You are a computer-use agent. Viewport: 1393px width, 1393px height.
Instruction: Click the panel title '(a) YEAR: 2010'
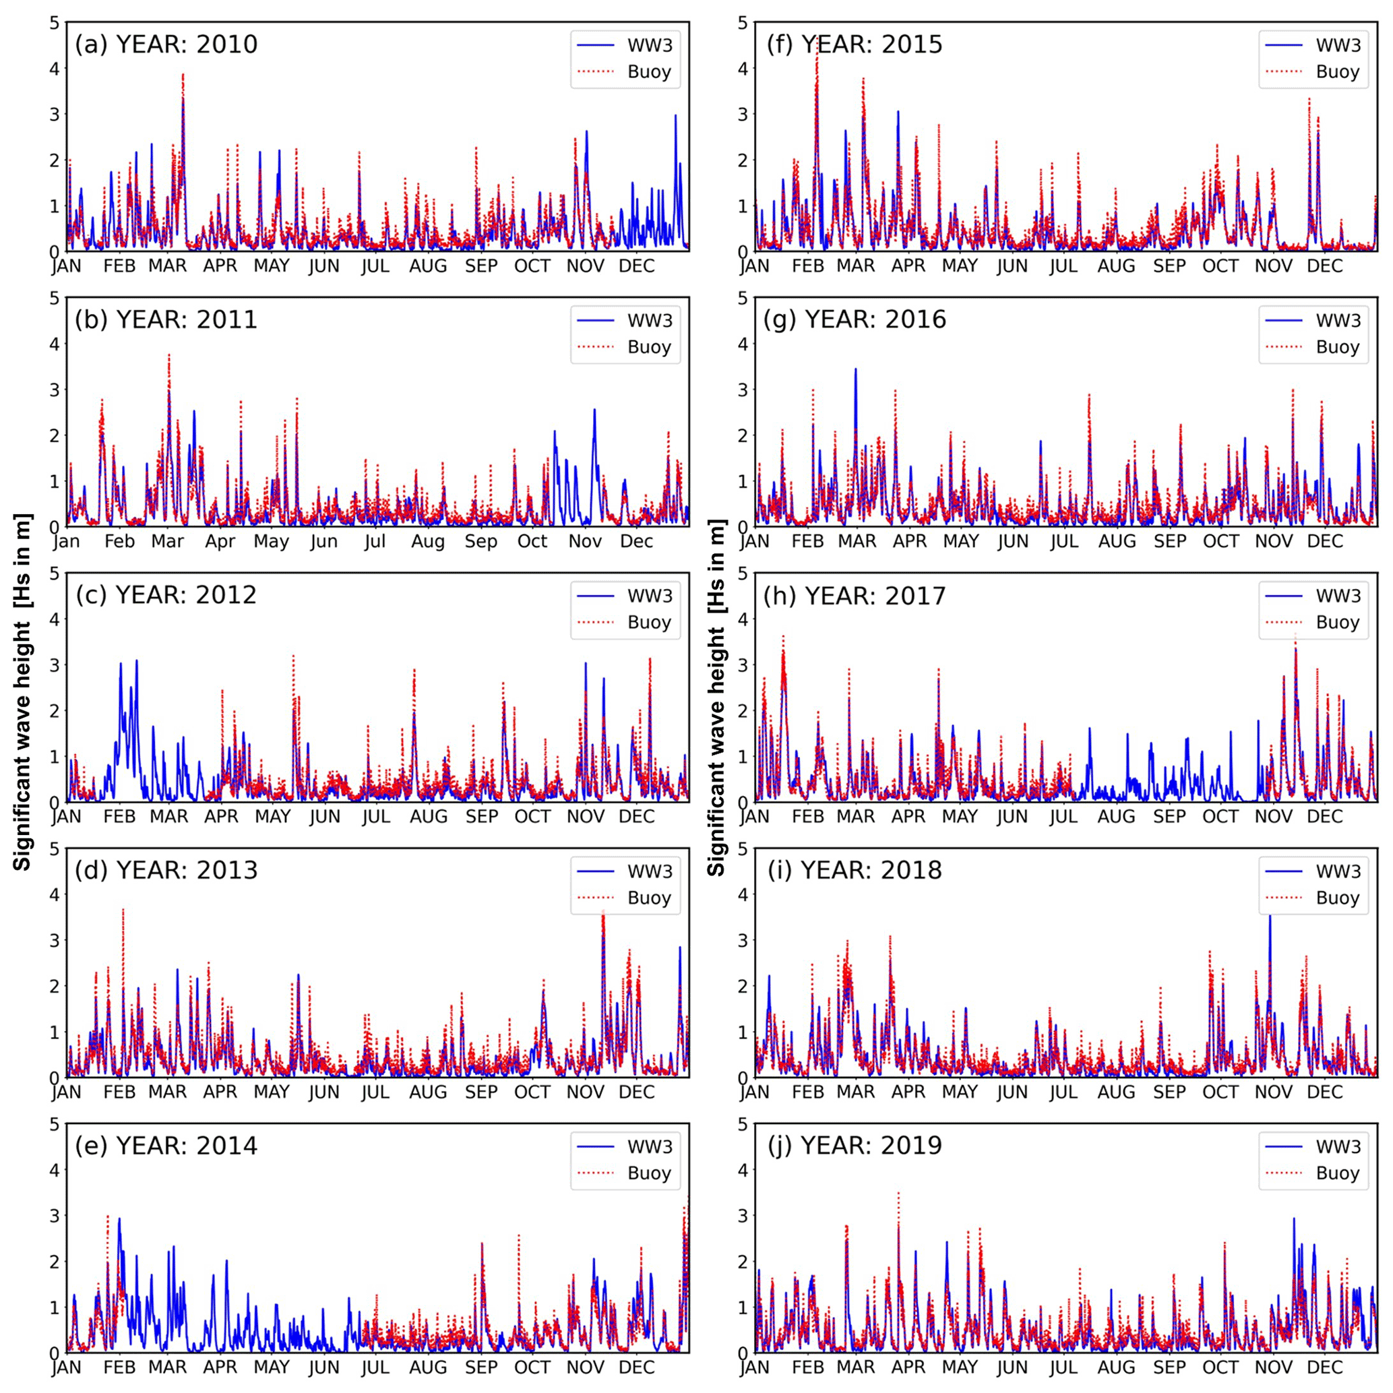pos(166,44)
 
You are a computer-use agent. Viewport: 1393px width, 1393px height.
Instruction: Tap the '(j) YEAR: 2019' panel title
pos(854,1146)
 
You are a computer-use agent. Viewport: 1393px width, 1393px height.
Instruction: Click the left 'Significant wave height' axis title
pos(23,692)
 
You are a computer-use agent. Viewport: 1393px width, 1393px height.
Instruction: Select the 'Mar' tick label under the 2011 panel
pos(167,541)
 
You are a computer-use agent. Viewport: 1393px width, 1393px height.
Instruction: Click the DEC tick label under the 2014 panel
pos(637,1368)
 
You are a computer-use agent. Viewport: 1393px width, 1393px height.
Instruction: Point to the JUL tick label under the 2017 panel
pos(1063,817)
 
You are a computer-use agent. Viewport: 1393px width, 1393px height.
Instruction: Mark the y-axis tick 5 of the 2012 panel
pos(54,574)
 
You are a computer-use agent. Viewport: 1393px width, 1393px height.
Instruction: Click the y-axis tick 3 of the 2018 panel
pos(743,940)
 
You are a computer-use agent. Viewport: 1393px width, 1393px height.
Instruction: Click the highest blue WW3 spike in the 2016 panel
pos(856,369)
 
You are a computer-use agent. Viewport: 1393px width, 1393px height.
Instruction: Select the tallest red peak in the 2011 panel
pos(168,354)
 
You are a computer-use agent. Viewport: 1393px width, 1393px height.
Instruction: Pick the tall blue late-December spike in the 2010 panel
pos(675,115)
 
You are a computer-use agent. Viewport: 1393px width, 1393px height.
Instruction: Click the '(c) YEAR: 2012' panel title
pos(166,595)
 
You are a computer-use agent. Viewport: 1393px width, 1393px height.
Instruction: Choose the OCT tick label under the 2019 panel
pos(1220,1368)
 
